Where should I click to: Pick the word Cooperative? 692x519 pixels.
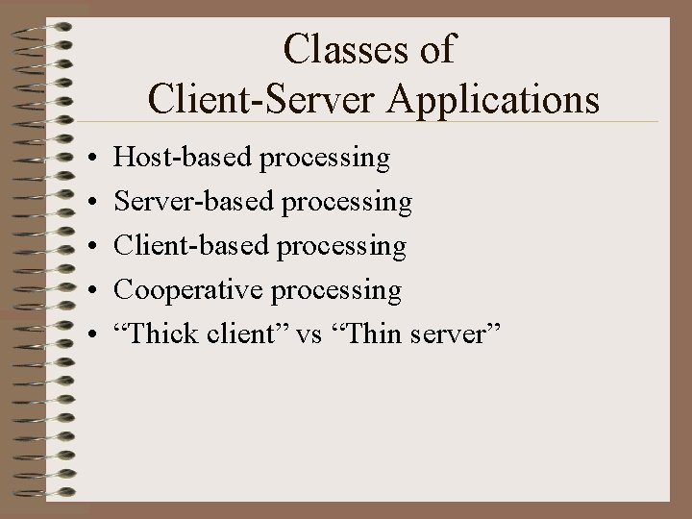[x=175, y=289]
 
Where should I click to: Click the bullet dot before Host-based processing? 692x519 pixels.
[x=87, y=158]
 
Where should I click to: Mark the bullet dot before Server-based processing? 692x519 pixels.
[x=87, y=202]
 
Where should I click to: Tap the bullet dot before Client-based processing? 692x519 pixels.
[x=87, y=246]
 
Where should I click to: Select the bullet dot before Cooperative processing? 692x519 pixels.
[x=87, y=290]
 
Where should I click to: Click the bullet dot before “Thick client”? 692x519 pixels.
[x=87, y=334]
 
